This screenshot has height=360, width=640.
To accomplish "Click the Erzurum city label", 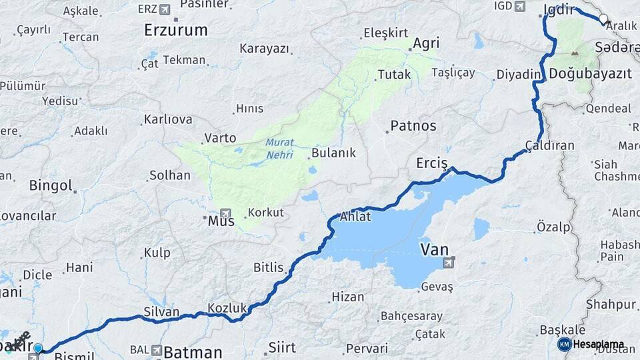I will tap(176, 30).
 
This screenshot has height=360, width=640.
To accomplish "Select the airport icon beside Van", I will tap(449, 263).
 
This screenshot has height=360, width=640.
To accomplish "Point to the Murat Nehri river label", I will tap(279, 147).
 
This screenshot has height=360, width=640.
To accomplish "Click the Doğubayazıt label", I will tap(591, 74).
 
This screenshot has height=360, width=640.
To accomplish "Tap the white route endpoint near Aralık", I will tap(603, 19).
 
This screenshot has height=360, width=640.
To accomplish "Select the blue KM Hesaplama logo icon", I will tap(564, 344).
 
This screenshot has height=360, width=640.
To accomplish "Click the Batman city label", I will tap(193, 351).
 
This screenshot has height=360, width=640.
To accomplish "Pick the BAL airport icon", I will tap(156, 350).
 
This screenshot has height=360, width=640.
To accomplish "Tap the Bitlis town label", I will tap(268, 267).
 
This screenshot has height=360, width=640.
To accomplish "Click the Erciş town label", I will tap(431, 163).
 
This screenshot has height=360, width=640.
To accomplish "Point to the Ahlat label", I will tap(355, 217).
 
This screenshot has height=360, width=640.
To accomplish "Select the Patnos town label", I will tap(413, 125).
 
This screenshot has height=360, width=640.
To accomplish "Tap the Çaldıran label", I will tap(549, 145).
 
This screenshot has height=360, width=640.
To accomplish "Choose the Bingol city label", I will tap(50, 185).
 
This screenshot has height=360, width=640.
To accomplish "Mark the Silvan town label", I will tap(161, 311).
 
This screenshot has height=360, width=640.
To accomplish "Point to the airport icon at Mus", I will tap(225, 211).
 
